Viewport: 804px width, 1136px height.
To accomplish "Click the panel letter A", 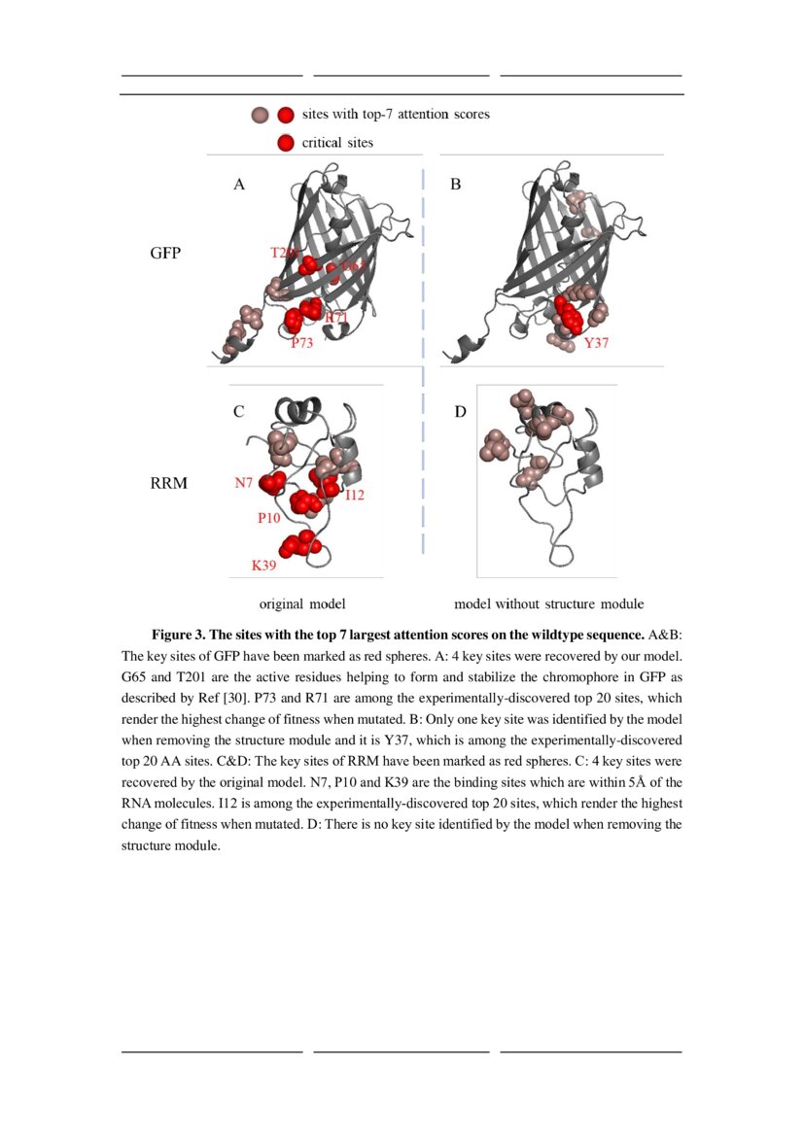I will tap(239, 184).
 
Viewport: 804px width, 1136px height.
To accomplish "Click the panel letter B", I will tap(455, 184).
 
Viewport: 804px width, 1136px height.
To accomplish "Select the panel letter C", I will tap(238, 412).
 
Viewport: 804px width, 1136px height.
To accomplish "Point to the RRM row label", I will tap(167, 482).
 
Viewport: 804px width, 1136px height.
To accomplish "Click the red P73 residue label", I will tap(301, 343).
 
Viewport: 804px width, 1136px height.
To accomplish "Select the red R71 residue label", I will tap(336, 318).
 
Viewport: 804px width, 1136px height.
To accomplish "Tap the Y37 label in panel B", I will tap(596, 343).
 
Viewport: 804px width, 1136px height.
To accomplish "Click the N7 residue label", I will tap(245, 483).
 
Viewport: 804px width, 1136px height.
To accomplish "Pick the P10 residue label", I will tap(269, 518).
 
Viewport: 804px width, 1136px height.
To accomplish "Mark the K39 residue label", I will tap(264, 565).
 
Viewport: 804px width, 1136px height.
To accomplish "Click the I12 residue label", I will tap(355, 496).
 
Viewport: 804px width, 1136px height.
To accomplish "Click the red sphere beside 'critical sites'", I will tap(286, 143).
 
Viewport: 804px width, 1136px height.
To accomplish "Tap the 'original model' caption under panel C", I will tap(302, 603).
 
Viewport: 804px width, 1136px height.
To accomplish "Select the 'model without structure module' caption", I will tap(548, 603).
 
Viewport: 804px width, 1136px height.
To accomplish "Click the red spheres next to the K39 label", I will tap(297, 545).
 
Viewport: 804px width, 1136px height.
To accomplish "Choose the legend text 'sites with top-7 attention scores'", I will tap(396, 115).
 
